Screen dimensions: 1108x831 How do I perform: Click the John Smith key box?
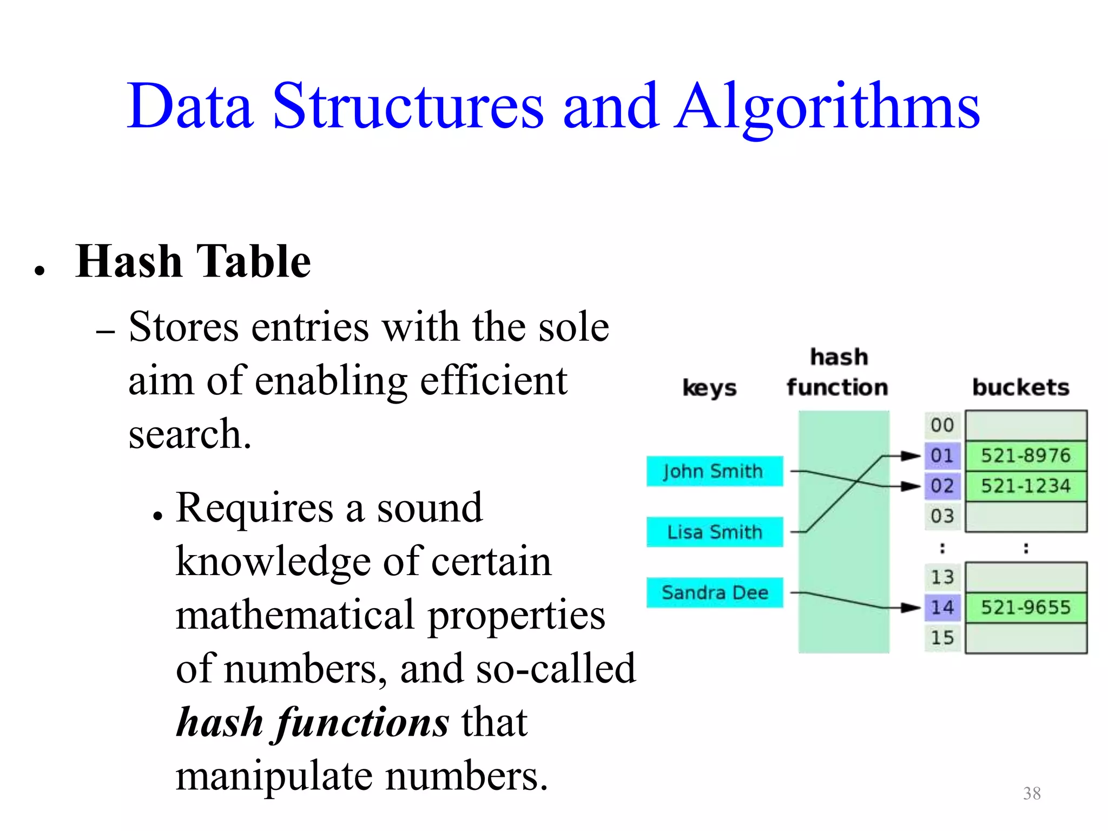(x=714, y=471)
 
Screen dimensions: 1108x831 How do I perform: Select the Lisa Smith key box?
(x=714, y=532)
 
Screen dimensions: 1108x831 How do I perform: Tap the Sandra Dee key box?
(x=714, y=592)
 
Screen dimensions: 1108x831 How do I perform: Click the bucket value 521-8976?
(x=1026, y=456)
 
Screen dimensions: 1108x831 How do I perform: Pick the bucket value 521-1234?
(x=1026, y=486)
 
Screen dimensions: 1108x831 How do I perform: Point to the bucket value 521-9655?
(x=1026, y=607)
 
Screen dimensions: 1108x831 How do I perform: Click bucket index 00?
(x=942, y=425)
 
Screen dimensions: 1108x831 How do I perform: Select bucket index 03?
(x=942, y=516)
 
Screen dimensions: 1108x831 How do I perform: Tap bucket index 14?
(x=942, y=607)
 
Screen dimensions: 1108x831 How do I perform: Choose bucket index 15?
(x=942, y=637)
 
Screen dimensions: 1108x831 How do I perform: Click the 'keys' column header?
(x=709, y=388)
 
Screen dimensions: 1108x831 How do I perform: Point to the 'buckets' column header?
(x=1021, y=387)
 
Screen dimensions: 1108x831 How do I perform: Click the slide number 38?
(x=1032, y=793)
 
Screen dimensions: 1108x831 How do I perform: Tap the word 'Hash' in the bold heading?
(x=129, y=262)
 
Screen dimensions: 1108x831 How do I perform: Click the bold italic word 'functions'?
(x=362, y=722)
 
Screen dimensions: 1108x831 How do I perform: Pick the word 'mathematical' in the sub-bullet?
(x=295, y=616)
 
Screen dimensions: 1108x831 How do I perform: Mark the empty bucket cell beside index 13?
(x=1026, y=577)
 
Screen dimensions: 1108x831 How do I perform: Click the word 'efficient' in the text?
(x=493, y=381)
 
